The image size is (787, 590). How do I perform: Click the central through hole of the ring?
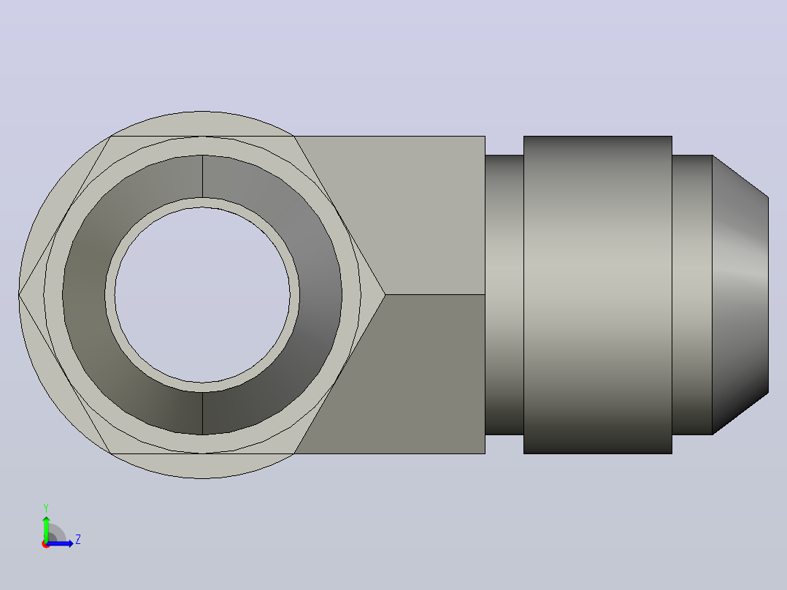tap(202, 295)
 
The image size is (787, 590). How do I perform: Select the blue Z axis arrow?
tap(60, 543)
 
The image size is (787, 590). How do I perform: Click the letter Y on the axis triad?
tap(46, 507)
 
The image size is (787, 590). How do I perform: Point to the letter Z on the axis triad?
tap(78, 540)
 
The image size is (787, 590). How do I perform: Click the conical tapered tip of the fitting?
tap(740, 295)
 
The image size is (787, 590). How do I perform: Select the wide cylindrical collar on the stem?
tap(598, 295)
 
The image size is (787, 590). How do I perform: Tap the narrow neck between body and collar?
tap(504, 295)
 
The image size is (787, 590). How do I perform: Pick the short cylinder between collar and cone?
tap(692, 295)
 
